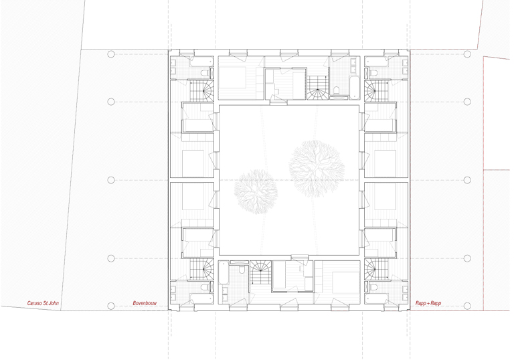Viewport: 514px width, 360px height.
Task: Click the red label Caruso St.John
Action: click(x=43, y=303)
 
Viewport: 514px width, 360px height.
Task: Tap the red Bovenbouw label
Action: click(x=145, y=303)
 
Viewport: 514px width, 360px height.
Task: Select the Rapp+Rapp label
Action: click(x=428, y=303)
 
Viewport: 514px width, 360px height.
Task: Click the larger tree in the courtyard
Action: click(x=317, y=169)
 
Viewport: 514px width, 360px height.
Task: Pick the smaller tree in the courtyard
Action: click(x=256, y=191)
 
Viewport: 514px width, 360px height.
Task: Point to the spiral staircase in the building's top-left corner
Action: click(x=202, y=90)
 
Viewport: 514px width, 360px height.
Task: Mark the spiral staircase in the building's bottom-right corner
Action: click(x=376, y=268)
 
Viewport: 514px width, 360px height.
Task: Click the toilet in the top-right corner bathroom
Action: click(x=373, y=72)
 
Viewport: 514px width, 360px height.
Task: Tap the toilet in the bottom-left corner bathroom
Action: click(x=205, y=288)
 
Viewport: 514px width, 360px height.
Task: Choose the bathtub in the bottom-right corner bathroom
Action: click(x=377, y=298)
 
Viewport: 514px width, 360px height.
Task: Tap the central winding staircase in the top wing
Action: click(x=317, y=87)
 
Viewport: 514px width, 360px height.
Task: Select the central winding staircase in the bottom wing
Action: click(x=261, y=273)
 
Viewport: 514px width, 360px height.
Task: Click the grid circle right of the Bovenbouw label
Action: click(x=111, y=306)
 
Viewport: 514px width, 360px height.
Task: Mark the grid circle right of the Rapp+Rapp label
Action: click(x=467, y=306)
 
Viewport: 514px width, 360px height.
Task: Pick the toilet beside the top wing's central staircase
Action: click(x=336, y=90)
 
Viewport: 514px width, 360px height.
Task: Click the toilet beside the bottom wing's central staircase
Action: click(x=242, y=270)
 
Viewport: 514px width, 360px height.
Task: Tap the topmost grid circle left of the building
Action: click(x=111, y=54)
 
